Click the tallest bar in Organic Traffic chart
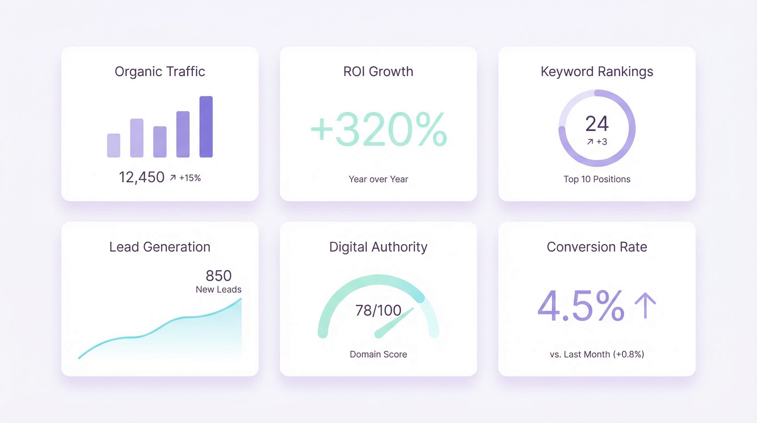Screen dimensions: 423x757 [206, 127]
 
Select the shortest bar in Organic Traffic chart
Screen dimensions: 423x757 [114, 145]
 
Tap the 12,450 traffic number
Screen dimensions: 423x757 [141, 177]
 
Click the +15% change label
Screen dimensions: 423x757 [190, 178]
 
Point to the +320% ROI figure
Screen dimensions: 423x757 [378, 130]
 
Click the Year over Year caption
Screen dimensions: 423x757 [378, 179]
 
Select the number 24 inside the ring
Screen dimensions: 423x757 [597, 123]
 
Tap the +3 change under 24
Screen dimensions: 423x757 [601, 142]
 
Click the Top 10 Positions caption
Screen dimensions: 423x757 [597, 179]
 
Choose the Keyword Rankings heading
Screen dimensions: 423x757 [597, 72]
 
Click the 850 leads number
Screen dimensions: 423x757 [219, 276]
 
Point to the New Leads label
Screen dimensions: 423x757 [219, 289]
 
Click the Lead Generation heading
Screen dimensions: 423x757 [160, 247]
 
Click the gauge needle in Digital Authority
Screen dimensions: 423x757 [393, 323]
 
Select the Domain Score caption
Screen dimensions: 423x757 [378, 354]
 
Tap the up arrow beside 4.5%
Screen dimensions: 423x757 [645, 306]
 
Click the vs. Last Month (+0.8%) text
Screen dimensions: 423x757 [597, 354]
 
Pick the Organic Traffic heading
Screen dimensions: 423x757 [160, 72]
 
